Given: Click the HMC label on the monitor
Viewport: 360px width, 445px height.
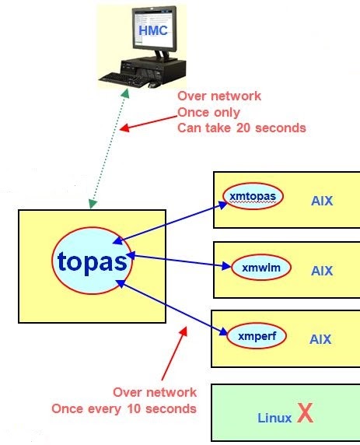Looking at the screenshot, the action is coord(153,30).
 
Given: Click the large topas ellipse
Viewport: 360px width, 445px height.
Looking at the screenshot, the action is coord(92,261).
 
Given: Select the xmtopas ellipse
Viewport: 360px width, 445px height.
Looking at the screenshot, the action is coord(253,196).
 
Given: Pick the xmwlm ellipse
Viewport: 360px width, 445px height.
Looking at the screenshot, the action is coord(261,268).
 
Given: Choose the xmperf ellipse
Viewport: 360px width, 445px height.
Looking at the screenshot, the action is coord(257,336).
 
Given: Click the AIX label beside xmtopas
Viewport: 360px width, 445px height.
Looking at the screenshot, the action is coord(322,201).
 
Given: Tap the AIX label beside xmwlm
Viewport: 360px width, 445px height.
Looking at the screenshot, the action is coord(322,271).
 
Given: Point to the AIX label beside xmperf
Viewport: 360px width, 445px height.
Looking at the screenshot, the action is coord(320,339).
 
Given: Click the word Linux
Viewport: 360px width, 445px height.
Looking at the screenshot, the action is coord(274,418).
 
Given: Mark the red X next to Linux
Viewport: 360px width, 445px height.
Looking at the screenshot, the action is coord(305,413).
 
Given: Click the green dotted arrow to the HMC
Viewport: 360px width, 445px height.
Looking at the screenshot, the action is coord(109,148).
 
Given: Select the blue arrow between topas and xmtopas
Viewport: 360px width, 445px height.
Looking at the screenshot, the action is coord(170,223).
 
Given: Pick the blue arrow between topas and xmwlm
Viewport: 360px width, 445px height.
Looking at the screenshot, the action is coord(178,261).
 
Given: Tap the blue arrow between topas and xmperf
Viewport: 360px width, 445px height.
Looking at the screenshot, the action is coord(172,308).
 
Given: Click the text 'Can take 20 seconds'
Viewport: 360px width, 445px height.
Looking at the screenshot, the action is coord(242,128).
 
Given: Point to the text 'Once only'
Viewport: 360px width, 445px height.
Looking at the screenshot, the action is coord(209,113).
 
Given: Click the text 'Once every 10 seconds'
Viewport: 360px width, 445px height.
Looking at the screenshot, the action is coord(124,409).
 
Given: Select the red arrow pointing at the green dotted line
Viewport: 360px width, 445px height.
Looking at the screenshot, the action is coord(149,123).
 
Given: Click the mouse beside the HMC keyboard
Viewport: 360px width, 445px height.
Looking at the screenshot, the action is coord(152,85).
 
